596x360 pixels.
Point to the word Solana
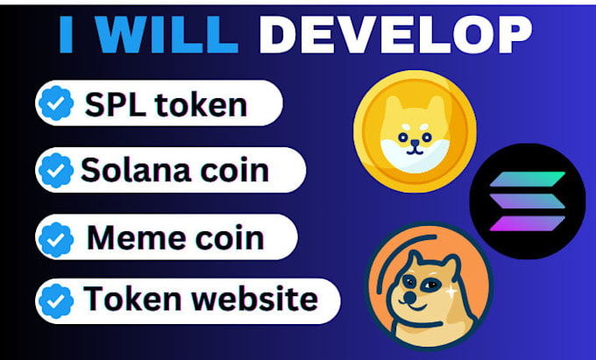pos(141,168)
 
